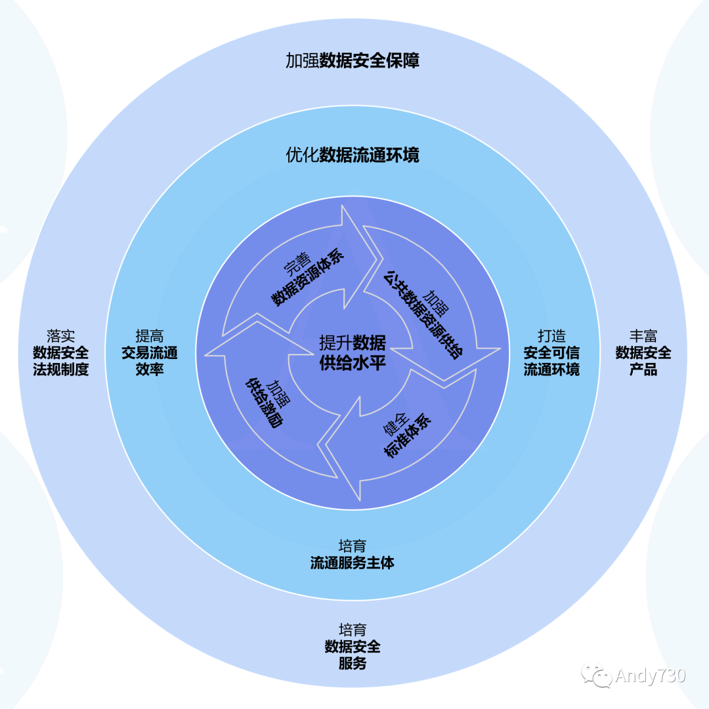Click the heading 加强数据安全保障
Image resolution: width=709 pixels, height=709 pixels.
[353, 61]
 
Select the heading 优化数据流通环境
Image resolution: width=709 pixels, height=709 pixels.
[353, 156]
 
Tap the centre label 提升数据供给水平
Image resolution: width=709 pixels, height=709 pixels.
[353, 353]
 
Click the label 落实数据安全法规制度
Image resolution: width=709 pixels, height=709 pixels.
[60, 353]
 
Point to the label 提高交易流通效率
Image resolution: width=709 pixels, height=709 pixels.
[149, 353]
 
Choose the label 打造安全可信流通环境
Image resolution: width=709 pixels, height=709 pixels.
[551, 353]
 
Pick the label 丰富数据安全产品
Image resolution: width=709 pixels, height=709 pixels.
[643, 353]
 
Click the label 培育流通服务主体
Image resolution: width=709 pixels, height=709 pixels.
[353, 555]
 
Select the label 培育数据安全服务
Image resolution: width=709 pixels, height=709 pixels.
[353, 647]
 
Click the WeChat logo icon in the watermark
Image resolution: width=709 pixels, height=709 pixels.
[599, 676]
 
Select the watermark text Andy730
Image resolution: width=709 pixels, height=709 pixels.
[650, 676]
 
